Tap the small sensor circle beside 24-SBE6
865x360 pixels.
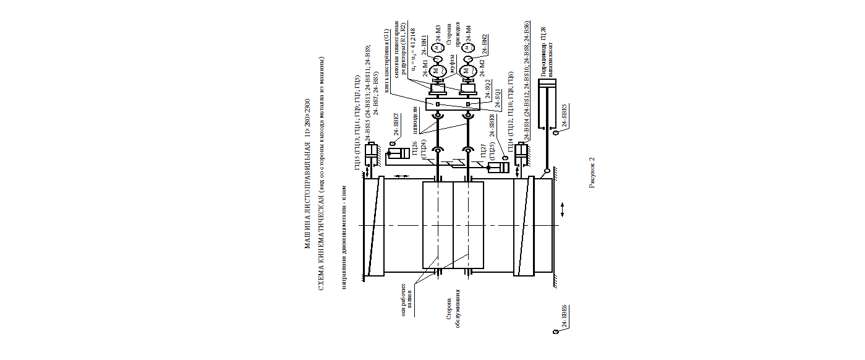pos(555,332)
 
